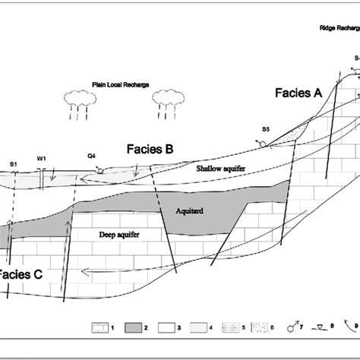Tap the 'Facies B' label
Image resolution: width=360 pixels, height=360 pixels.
[x=148, y=150]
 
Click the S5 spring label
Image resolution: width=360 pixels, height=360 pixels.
[x=265, y=129]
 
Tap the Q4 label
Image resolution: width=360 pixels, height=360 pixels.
[x=91, y=155]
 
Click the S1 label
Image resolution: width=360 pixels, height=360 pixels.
[x=13, y=163]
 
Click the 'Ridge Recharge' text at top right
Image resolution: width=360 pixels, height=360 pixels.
[x=337, y=28]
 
